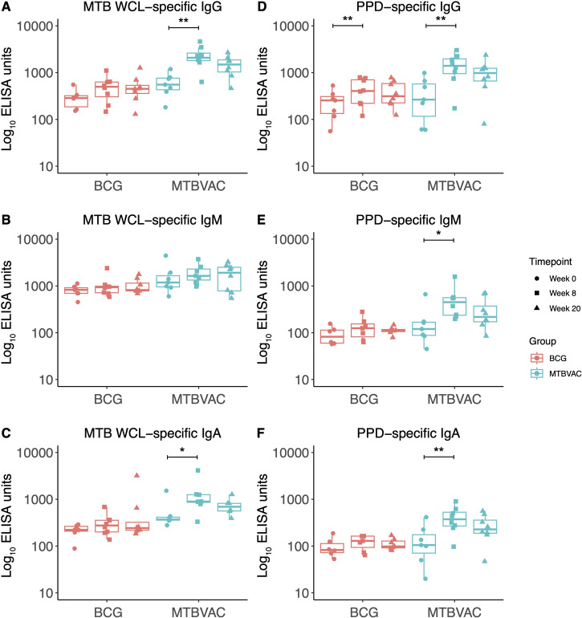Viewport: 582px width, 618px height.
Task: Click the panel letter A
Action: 6,8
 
